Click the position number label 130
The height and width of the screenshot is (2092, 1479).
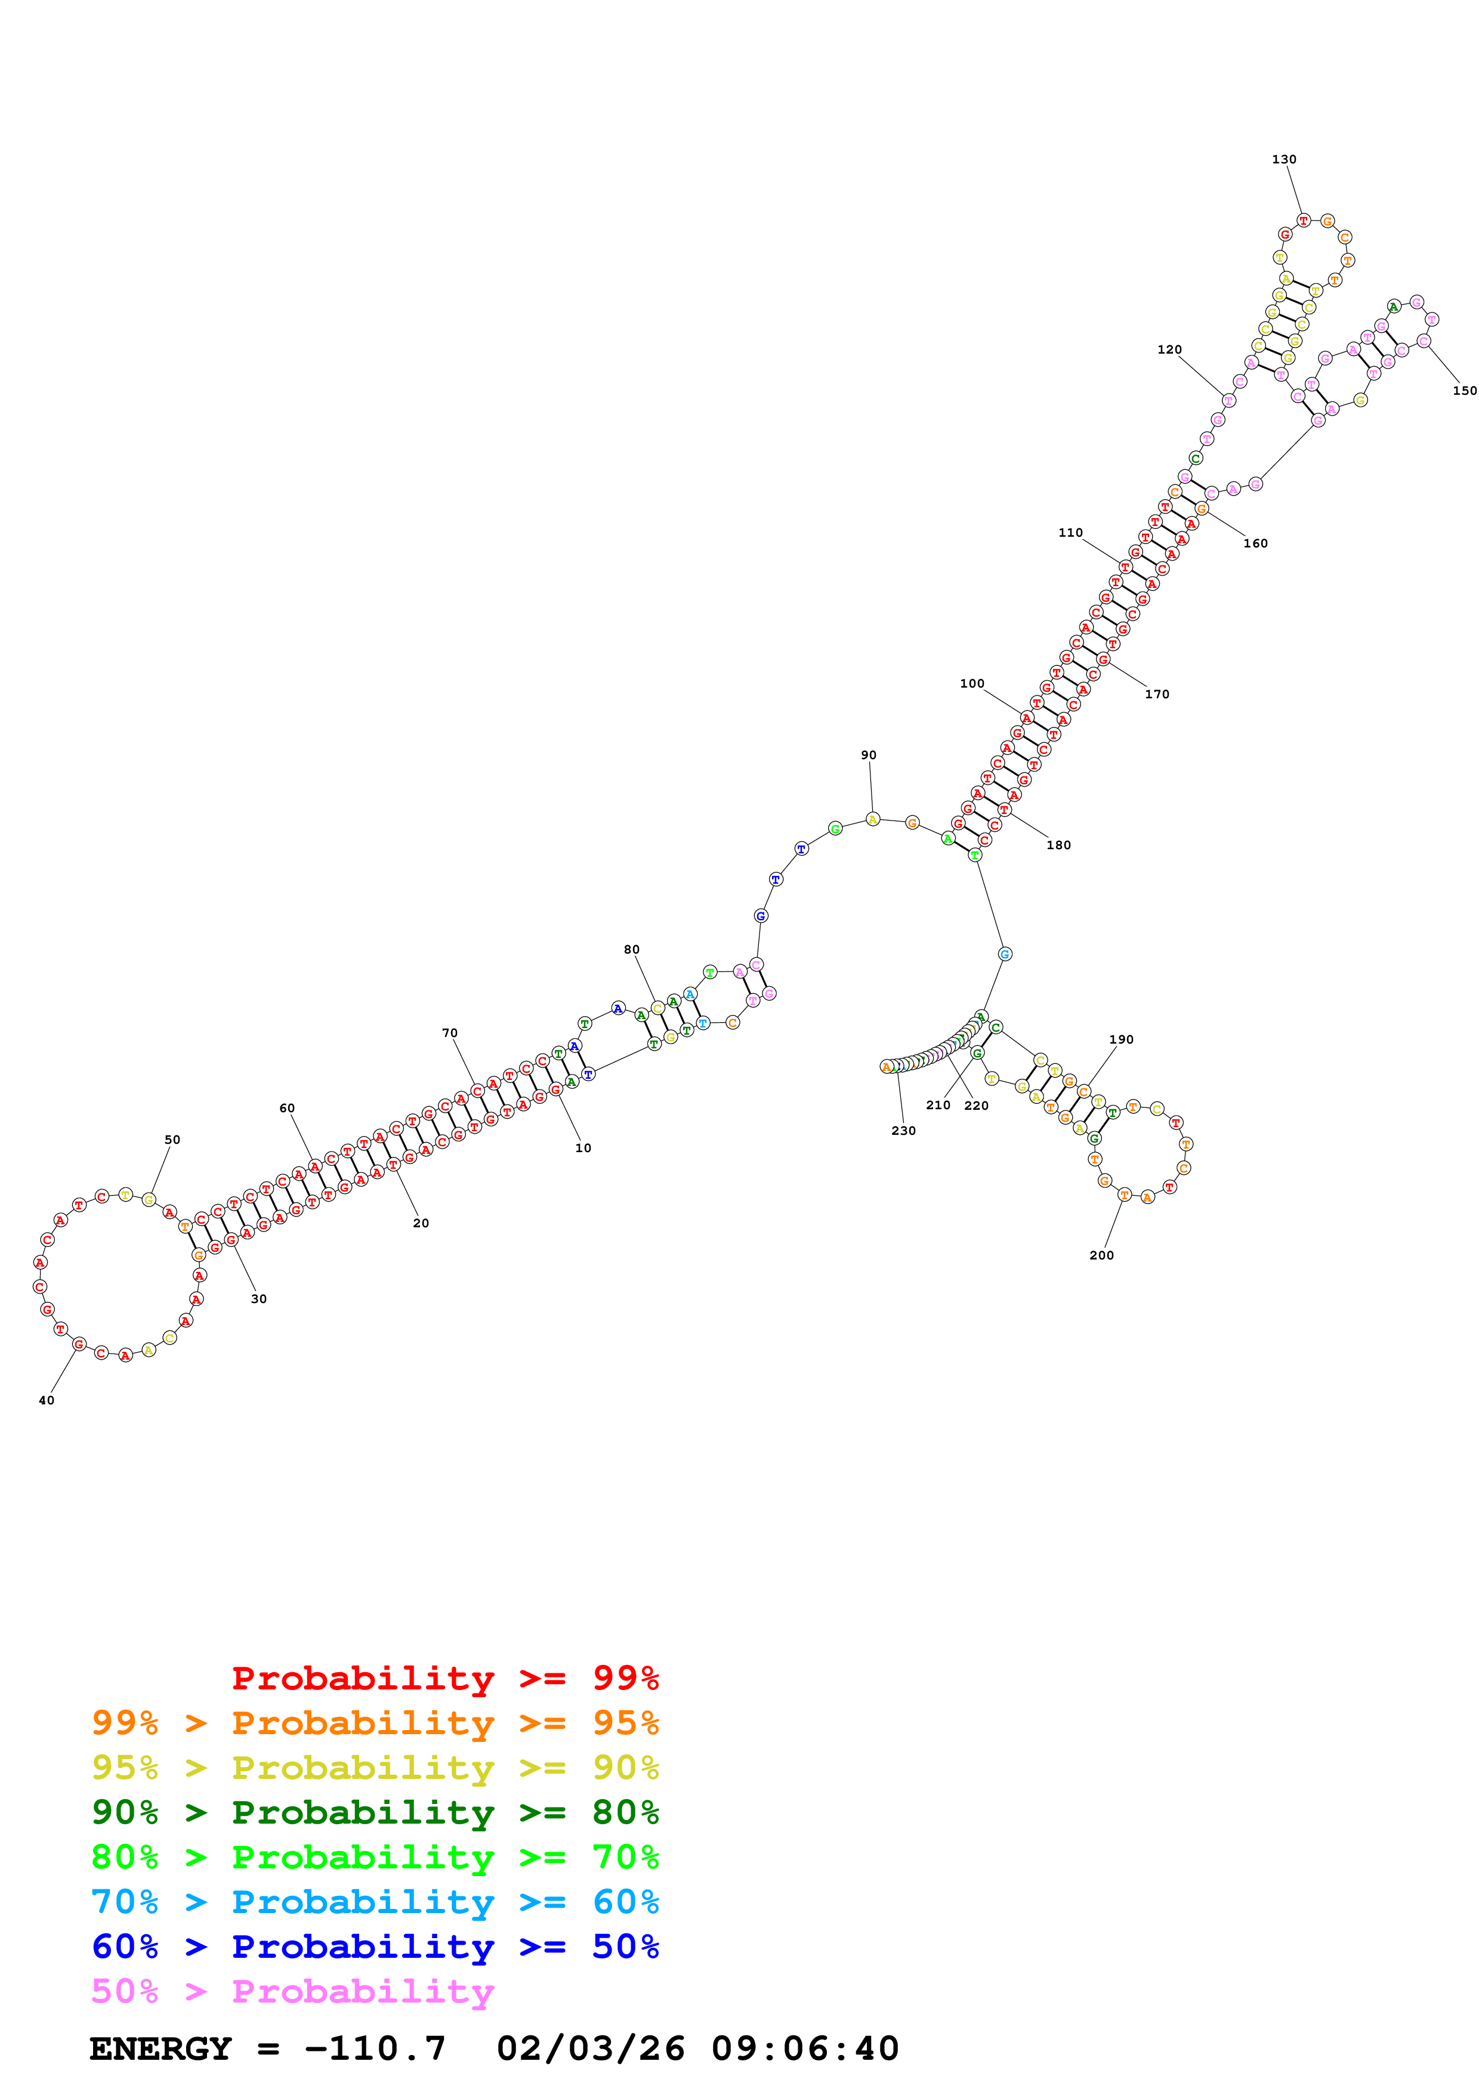pyautogui.click(x=1283, y=159)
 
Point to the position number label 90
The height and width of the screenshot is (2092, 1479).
pyautogui.click(x=869, y=756)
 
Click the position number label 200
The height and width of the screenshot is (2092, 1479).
pyautogui.click(x=1101, y=1255)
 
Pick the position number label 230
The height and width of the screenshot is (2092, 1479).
pyautogui.click(x=903, y=1131)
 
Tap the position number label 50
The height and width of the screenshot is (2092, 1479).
pyautogui.click(x=172, y=1140)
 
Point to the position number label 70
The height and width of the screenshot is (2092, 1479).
pyautogui.click(x=449, y=1033)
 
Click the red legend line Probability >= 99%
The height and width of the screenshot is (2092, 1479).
pyautogui.click(x=444, y=1678)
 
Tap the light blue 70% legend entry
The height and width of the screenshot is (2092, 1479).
pyautogui.click(x=375, y=1902)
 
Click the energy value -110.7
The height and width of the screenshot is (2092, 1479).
pyautogui.click(x=375, y=2048)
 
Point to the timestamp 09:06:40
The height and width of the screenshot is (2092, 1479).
pyautogui.click(x=805, y=2048)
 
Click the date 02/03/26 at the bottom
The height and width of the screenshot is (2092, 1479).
pyautogui.click(x=591, y=2048)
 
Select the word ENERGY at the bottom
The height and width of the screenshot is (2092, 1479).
pyautogui.click(x=160, y=2048)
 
